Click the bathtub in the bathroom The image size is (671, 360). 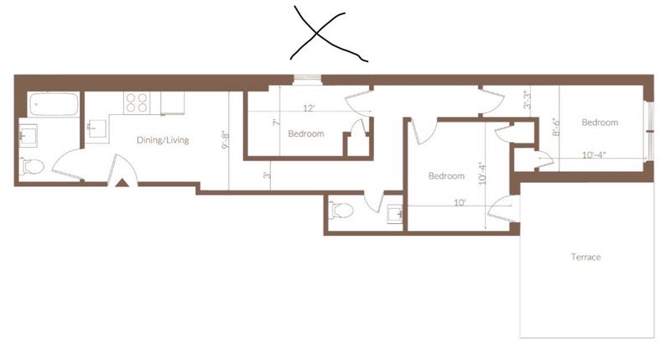54,104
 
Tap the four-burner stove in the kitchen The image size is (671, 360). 137,102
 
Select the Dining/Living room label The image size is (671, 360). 163,140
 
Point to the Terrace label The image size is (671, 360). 585,257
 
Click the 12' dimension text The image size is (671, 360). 309,108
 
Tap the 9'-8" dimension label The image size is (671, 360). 226,140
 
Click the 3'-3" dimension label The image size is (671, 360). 528,100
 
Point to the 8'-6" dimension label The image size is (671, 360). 555,128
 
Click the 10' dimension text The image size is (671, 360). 460,202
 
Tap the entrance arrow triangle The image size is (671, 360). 122,183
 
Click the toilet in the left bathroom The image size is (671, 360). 32,166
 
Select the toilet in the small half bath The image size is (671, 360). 341,210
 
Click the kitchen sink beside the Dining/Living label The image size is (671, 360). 97,128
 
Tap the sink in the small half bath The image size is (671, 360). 395,214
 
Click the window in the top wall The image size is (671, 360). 307,80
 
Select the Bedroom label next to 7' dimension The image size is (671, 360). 306,133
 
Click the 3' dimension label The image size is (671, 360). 267,175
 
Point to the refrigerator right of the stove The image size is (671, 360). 173,103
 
